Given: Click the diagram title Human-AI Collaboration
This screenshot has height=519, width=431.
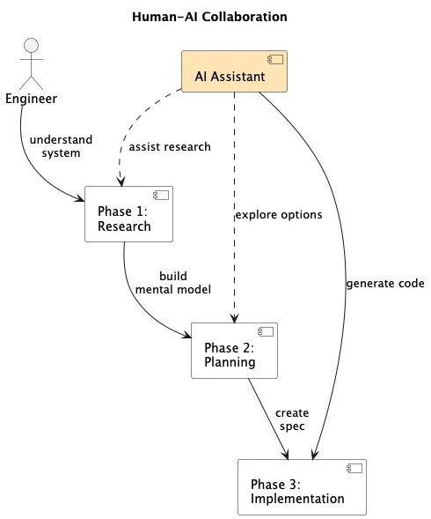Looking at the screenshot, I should (208, 17).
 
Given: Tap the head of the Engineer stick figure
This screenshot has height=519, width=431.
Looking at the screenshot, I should (32, 46).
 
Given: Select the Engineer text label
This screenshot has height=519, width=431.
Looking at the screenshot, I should (31, 98).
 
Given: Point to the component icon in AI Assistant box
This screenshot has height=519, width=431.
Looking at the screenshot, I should (276, 62).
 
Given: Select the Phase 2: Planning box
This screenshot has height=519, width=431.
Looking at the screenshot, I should (234, 350).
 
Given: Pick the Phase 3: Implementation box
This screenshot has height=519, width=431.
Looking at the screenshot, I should (302, 486).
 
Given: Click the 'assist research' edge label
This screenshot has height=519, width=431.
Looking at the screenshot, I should (170, 146).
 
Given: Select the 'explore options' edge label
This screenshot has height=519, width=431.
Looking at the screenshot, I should (278, 214).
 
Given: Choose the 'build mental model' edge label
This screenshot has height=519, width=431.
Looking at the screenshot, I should (172, 282).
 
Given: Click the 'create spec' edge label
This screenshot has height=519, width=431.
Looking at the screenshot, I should (291, 419).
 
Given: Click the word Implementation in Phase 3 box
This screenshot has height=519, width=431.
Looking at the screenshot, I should (297, 499).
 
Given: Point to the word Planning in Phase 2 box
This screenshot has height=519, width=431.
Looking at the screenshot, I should (230, 361).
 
